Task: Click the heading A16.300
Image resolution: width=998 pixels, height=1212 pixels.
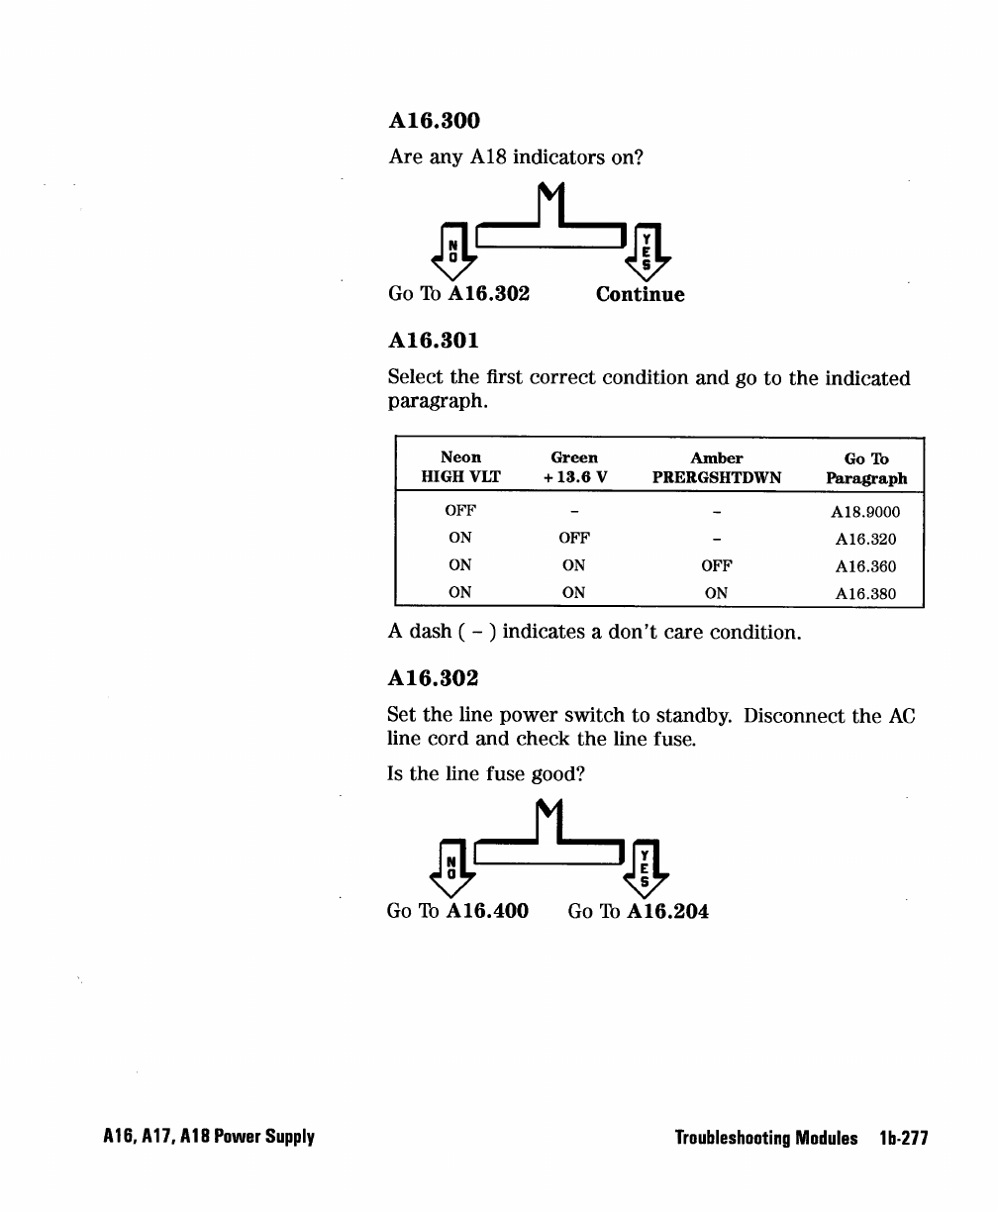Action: coord(434,121)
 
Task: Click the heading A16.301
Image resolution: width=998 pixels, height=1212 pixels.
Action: coord(434,341)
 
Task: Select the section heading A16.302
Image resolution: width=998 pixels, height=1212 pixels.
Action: coord(434,678)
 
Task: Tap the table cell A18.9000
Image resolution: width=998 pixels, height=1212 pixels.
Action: coord(866,512)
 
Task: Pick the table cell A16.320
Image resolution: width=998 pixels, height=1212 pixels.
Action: coord(866,540)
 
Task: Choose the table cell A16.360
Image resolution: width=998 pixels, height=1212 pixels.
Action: coord(866,566)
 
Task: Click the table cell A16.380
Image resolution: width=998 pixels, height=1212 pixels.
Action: coord(866,594)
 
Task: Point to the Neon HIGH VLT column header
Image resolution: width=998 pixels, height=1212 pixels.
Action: coord(460,467)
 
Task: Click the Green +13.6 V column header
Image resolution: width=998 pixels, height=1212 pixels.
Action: coord(574,467)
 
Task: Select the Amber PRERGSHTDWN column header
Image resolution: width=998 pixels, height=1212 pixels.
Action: coord(716,467)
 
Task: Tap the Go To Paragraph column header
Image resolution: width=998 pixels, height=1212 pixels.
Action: coord(866,467)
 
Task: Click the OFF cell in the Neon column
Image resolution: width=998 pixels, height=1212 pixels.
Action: coord(460,512)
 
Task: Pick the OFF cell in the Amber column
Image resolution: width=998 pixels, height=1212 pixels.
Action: coord(716,566)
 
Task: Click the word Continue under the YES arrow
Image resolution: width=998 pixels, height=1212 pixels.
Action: coord(640,294)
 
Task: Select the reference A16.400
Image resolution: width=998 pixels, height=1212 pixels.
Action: coord(488,911)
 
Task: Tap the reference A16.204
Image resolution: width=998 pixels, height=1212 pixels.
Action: coord(668,911)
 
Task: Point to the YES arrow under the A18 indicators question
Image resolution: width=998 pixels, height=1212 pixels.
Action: coord(647,248)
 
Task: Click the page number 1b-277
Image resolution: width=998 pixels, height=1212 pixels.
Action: coord(902,1138)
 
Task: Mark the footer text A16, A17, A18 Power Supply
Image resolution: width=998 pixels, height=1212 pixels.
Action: coord(206,1138)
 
